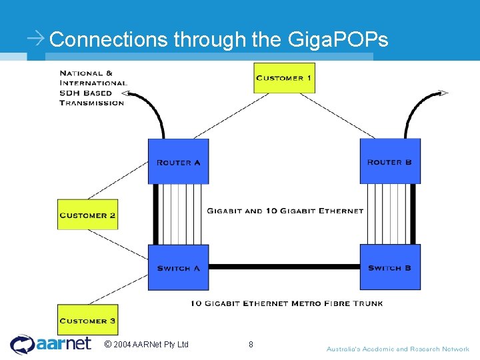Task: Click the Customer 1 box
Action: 284,78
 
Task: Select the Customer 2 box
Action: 87,215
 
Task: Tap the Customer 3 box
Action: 87,320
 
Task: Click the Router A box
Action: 178,161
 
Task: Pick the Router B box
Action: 390,161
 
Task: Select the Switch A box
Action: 178,267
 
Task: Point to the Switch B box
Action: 390,267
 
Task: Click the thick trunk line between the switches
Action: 284,267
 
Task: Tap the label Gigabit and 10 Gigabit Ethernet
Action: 285,211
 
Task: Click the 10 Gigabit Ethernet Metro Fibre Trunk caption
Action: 287,303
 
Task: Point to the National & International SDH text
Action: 92,88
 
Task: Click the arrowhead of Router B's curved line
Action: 443,93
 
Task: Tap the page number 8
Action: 251,345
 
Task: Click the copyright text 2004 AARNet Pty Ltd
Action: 147,345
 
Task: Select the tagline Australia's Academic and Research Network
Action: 397,349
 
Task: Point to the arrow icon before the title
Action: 36,39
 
